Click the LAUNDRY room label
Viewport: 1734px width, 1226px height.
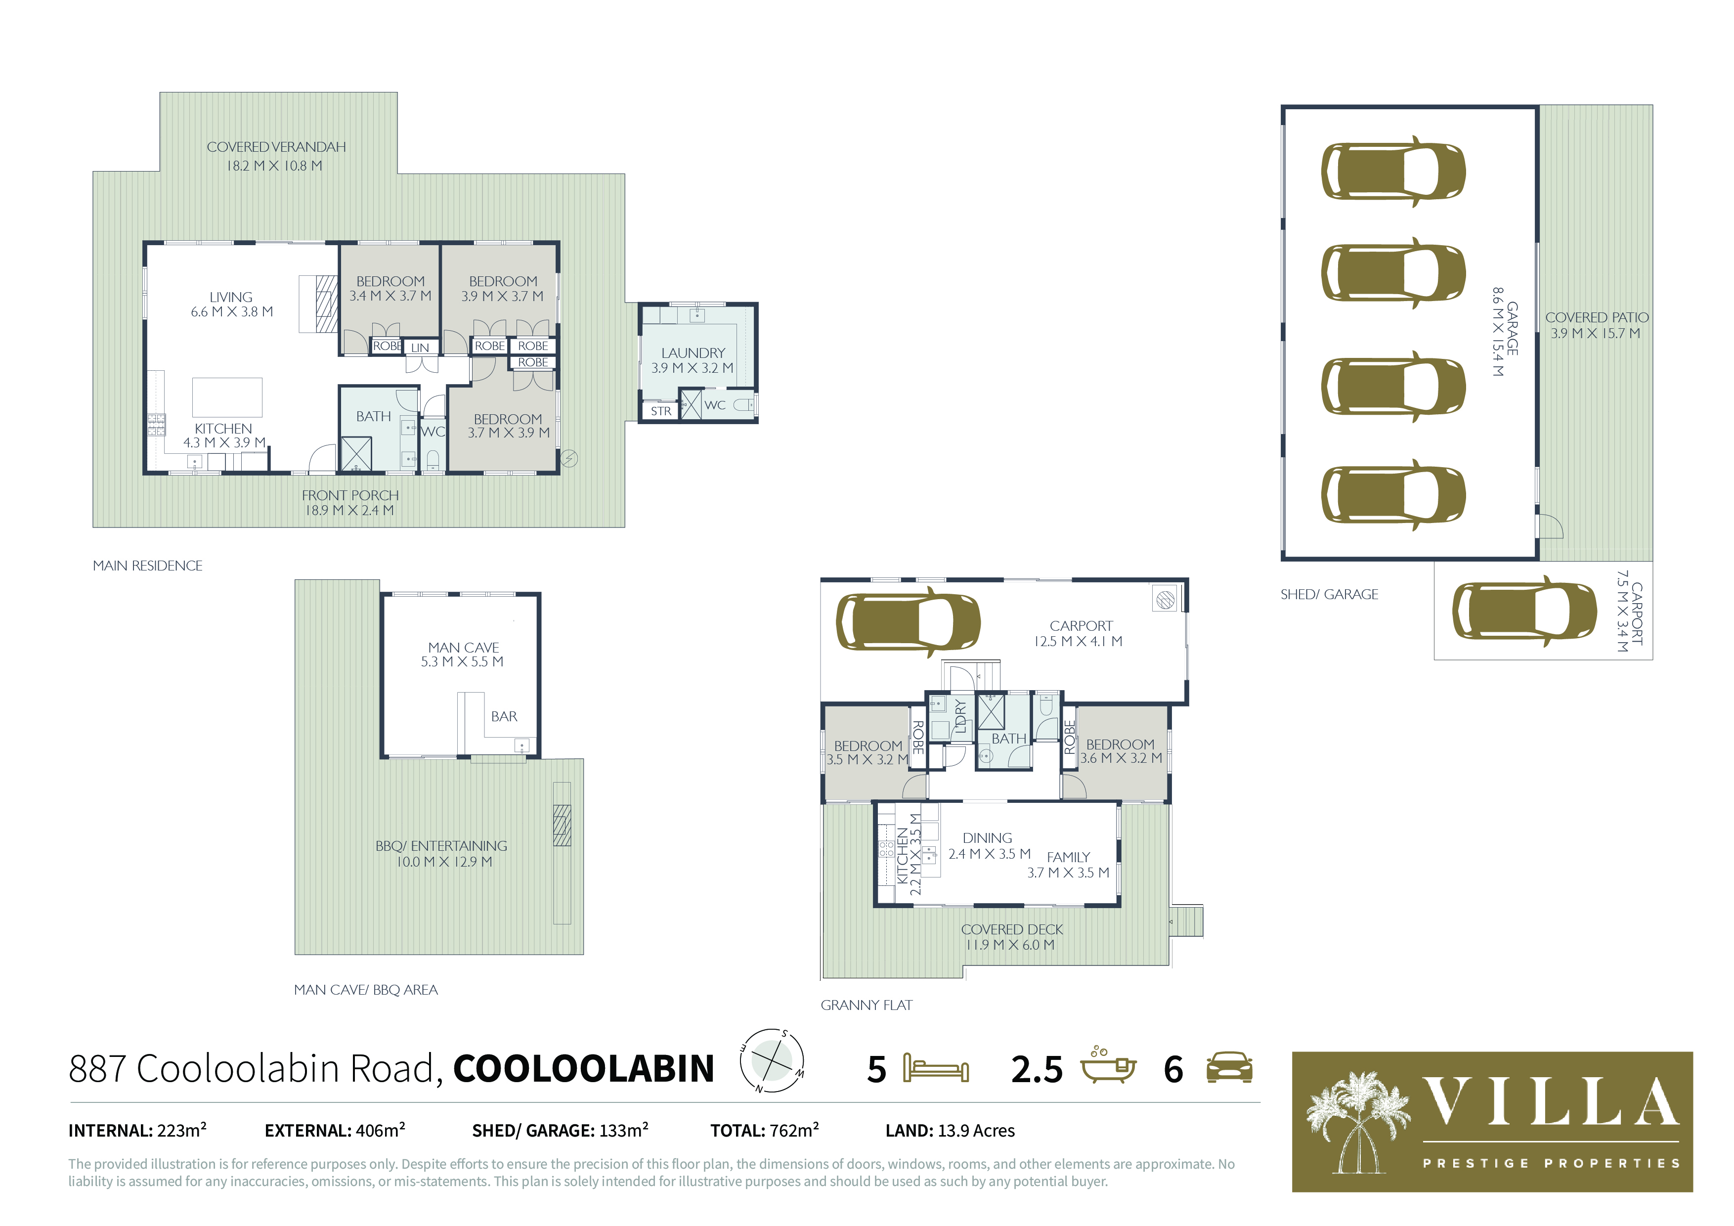click(x=693, y=360)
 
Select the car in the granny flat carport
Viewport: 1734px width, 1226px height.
click(x=908, y=622)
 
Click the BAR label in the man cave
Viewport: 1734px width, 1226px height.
click(x=504, y=716)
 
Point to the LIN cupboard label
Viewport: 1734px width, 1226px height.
click(x=420, y=348)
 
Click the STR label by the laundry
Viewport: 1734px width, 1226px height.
click(x=661, y=411)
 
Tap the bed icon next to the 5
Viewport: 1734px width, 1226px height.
click(x=936, y=1069)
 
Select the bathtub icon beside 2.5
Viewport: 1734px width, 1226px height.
click(x=1108, y=1066)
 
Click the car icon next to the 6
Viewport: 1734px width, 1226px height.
click(x=1229, y=1067)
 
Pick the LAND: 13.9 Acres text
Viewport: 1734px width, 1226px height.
click(x=950, y=1131)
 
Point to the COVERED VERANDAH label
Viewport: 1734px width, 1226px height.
click(x=276, y=156)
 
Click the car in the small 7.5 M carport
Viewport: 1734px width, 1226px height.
click(x=1524, y=611)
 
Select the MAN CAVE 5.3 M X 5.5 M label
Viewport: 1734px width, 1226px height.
click(x=463, y=654)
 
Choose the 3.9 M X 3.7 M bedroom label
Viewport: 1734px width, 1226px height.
click(x=502, y=289)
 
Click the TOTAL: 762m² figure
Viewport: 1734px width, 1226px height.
click(x=764, y=1131)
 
